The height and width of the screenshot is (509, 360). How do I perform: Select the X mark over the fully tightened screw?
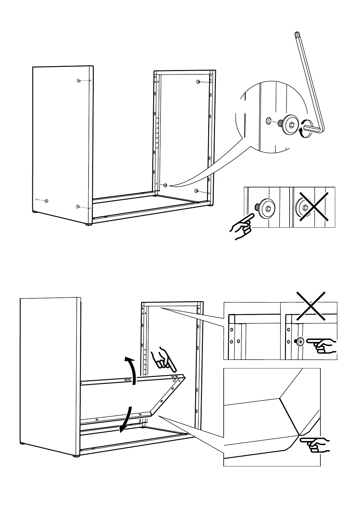(x=314, y=207)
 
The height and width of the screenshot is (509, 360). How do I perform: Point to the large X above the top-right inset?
(x=311, y=306)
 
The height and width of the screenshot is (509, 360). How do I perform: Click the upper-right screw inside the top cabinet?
(x=198, y=82)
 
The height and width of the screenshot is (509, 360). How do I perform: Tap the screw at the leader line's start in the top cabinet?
(x=165, y=185)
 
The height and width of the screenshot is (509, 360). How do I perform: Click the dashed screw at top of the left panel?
(x=79, y=81)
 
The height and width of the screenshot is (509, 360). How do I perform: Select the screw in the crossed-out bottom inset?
(x=300, y=342)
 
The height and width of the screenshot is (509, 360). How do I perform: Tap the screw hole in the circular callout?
(x=268, y=121)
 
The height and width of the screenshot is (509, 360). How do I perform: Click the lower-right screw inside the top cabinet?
(x=196, y=191)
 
